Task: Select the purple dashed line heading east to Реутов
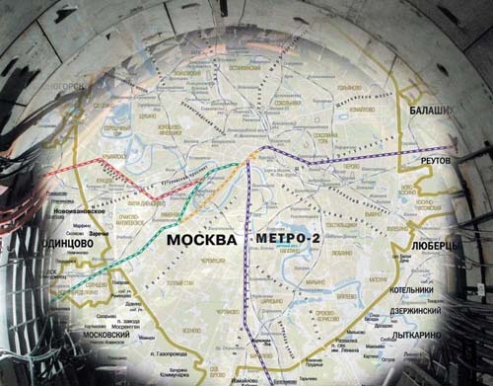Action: (345, 161)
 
